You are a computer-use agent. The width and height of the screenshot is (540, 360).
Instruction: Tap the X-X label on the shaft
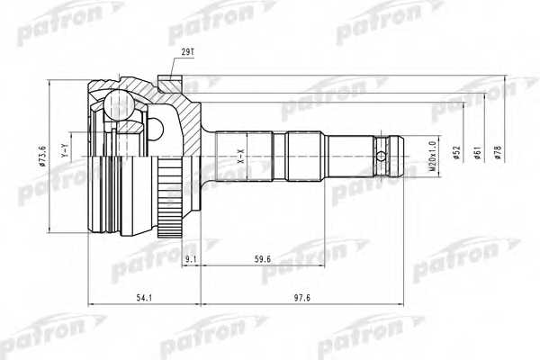tap(240, 158)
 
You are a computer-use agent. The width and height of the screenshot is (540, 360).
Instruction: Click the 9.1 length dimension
tap(190, 260)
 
